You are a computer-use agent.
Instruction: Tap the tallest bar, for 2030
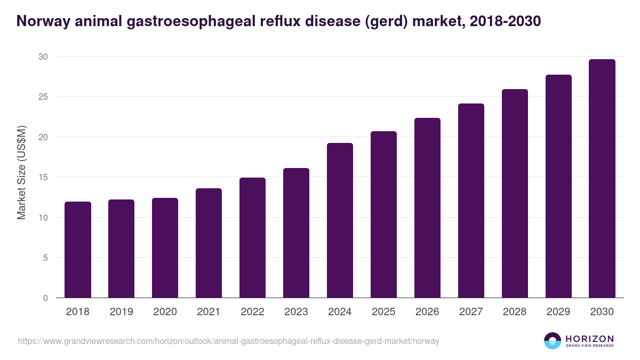[602, 179]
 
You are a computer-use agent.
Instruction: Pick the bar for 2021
[209, 243]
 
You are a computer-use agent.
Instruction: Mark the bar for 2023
[296, 233]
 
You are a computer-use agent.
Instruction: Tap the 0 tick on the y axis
[45, 298]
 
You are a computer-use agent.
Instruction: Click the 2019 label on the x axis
[122, 312]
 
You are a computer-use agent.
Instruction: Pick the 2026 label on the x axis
[427, 312]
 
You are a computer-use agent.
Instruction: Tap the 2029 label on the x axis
[558, 312]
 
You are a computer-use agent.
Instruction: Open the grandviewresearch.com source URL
[229, 341]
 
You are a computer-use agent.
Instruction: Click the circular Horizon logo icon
[553, 341]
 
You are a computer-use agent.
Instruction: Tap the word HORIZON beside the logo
[589, 338]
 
